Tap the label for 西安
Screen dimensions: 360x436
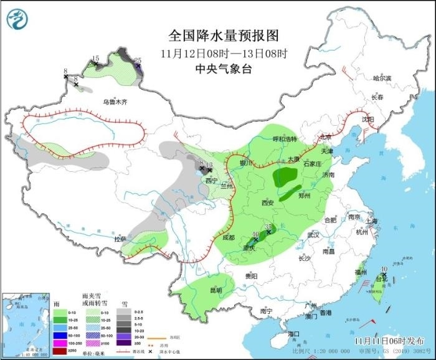[267, 202]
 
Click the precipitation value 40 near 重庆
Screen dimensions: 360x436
[255, 235]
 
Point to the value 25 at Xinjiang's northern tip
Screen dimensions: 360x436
[138, 60]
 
